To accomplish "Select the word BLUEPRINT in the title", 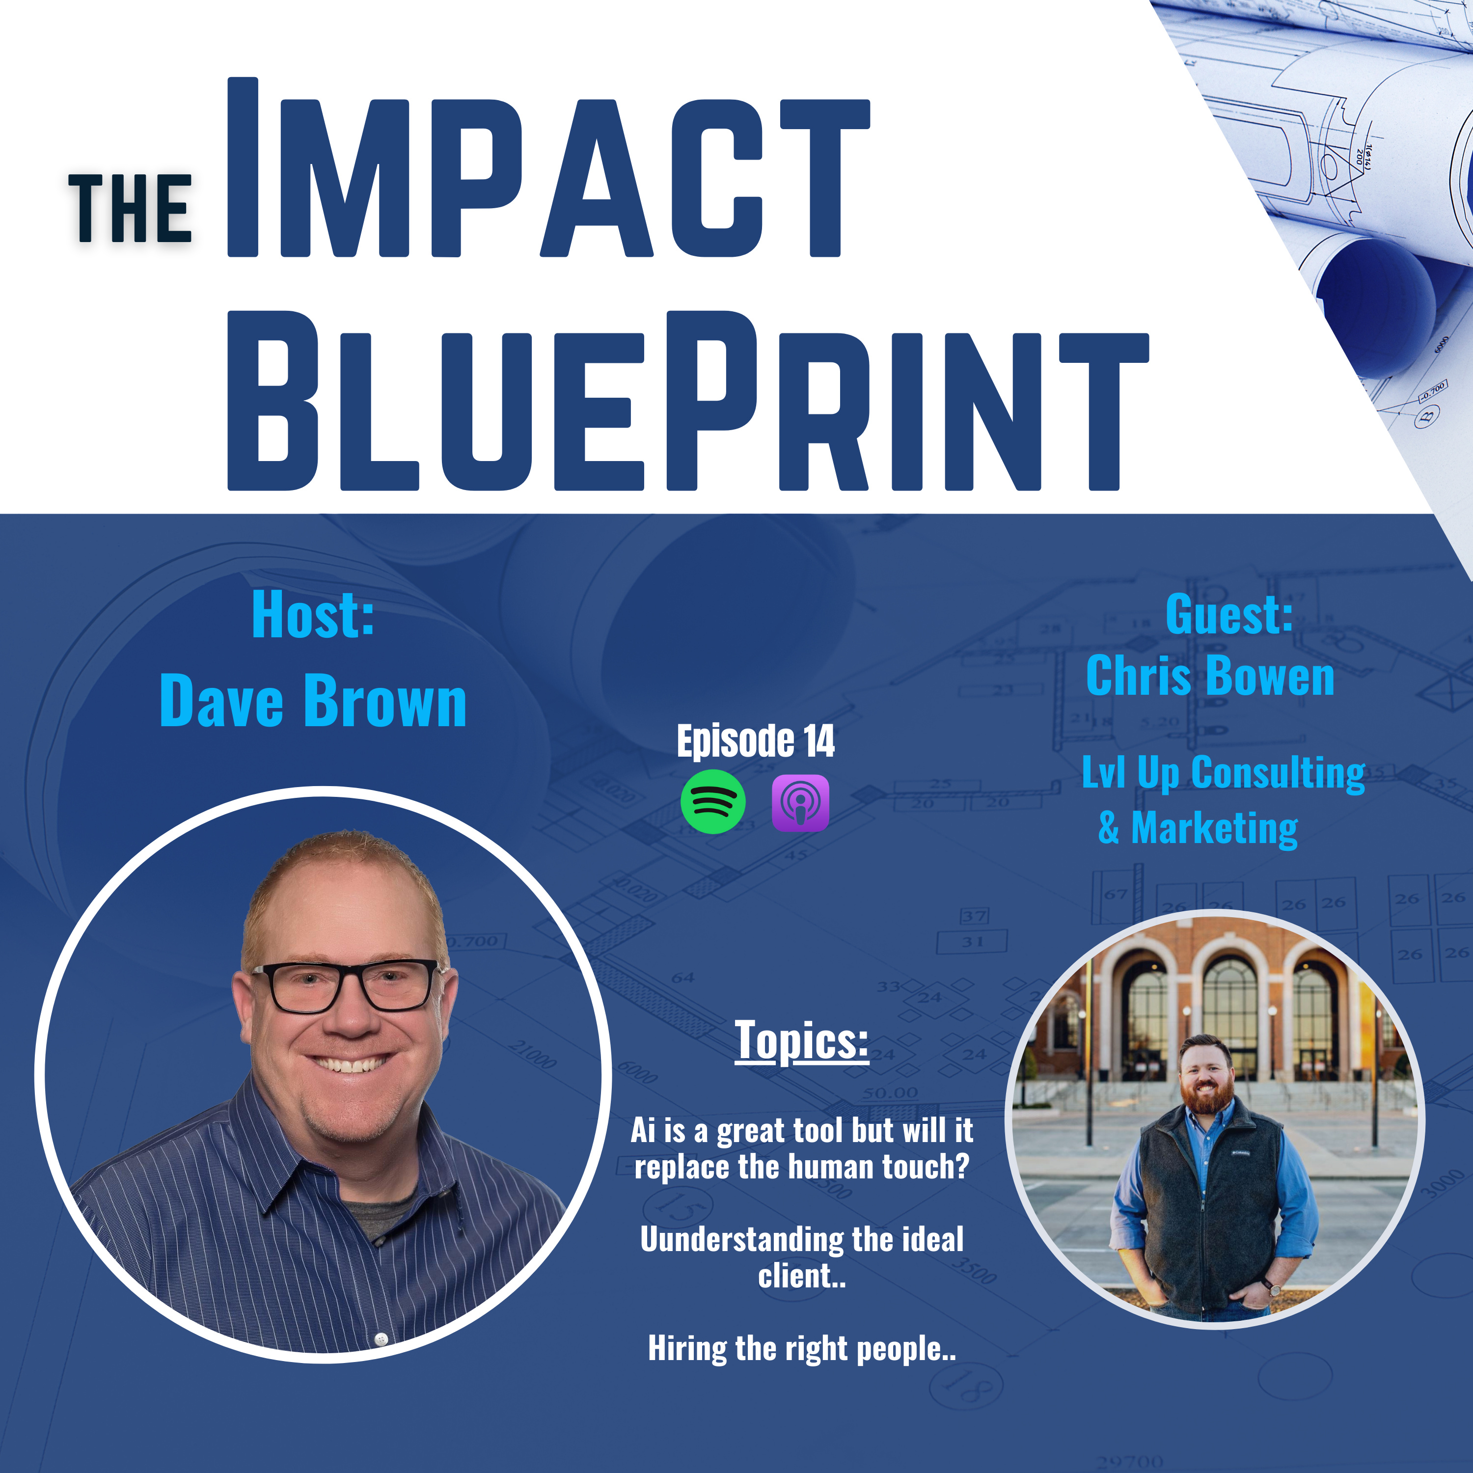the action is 688,400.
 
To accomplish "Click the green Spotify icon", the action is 713,802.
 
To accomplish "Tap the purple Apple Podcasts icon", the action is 800,803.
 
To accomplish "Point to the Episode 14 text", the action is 756,741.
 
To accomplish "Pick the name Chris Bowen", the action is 1210,676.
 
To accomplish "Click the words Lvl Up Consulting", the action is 1224,773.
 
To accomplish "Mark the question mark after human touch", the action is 962,1167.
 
